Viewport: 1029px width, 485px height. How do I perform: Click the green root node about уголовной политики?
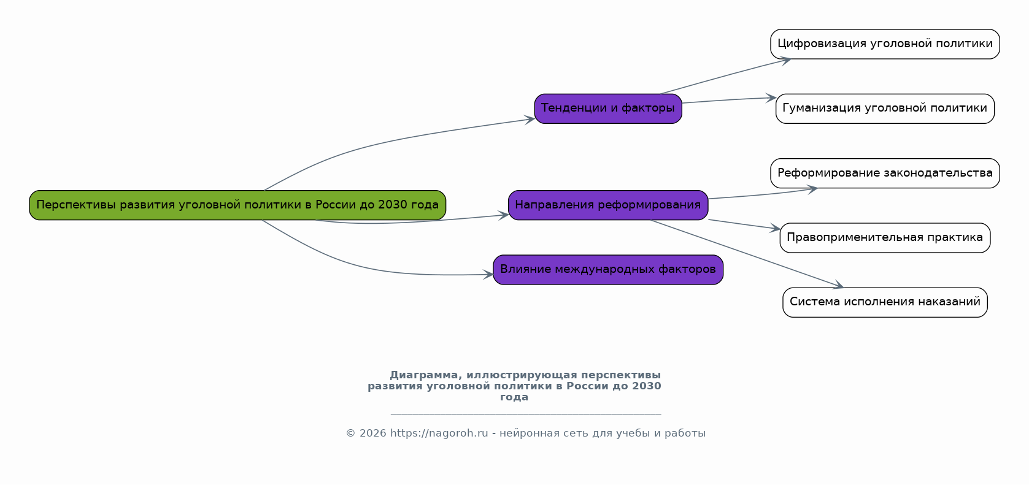237,205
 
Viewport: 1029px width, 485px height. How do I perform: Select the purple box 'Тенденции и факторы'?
607,109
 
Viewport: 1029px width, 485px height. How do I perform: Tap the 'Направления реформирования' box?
607,205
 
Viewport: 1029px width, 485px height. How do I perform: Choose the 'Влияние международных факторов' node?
607,270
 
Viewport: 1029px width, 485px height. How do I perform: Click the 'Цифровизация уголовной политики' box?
885,44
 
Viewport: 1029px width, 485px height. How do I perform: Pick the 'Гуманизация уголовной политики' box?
885,109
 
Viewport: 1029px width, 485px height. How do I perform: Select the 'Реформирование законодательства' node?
885,173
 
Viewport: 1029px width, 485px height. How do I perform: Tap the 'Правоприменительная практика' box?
885,238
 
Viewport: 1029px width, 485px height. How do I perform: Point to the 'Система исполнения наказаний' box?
885,302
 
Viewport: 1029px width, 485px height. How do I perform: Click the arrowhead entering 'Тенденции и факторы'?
530,119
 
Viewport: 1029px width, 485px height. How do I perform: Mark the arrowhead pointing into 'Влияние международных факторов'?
488,275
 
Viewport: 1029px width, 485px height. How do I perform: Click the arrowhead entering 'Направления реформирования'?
504,215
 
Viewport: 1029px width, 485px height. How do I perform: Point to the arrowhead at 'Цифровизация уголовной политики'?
785,60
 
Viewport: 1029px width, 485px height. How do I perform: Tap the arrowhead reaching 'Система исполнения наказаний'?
839,286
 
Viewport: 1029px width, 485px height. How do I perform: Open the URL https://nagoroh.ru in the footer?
439,433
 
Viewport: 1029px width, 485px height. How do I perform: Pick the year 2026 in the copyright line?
372,433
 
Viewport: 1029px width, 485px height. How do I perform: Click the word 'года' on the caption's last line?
514,397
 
